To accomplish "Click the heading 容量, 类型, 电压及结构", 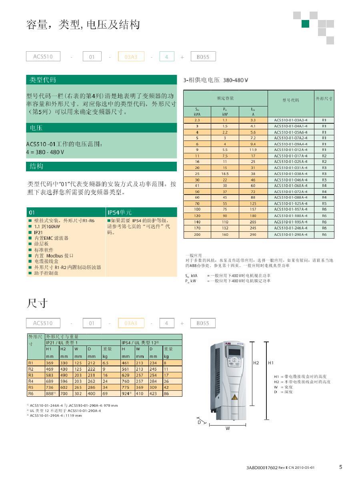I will (x=83, y=26).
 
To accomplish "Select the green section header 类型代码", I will (x=43, y=80).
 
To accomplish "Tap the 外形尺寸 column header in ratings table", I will (x=324, y=98).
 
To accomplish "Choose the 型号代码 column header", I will (x=290, y=100).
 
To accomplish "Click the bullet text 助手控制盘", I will (x=46, y=273).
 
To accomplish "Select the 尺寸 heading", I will (x=37, y=303).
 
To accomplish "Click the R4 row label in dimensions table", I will (x=30, y=381).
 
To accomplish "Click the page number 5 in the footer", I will (x=341, y=466).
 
